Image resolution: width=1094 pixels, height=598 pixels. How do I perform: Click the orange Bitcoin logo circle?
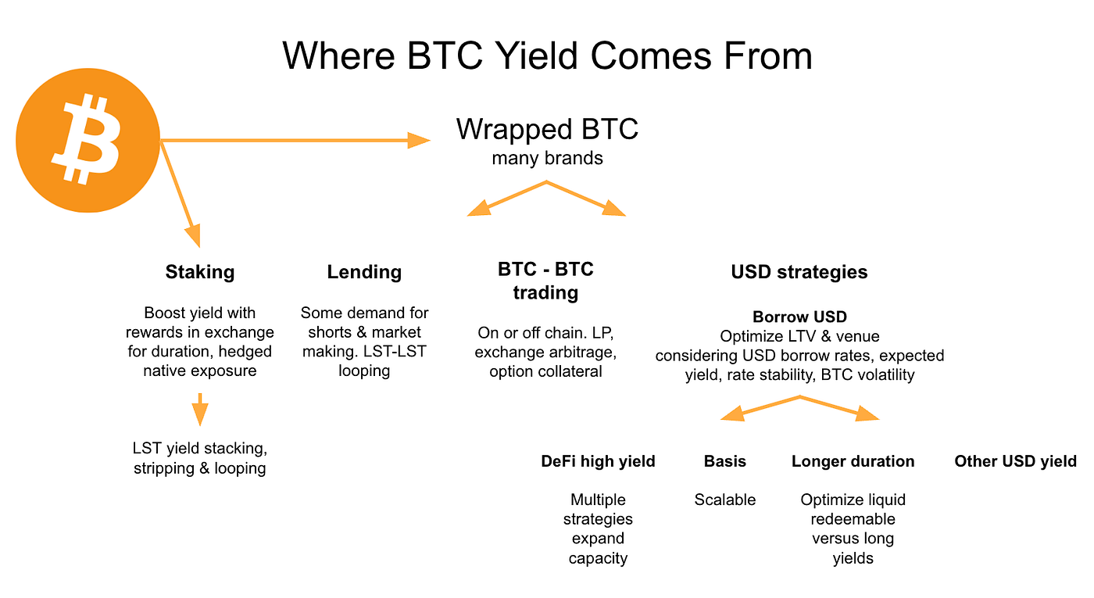point(88,140)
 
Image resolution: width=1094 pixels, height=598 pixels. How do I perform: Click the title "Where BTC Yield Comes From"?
point(547,56)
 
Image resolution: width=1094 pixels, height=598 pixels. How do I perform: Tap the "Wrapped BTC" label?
point(547,129)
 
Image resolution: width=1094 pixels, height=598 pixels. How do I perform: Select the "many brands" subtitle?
point(547,158)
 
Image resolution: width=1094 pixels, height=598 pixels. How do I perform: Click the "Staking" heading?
point(200,272)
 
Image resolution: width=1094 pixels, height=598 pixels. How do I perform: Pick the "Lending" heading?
point(364,272)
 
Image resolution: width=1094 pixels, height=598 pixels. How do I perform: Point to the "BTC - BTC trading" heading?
point(545,281)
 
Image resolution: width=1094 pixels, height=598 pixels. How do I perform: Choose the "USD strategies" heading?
point(799,272)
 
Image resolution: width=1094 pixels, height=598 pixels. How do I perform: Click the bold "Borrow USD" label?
point(799,317)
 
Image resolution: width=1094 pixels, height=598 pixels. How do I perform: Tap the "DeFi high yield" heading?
point(598,461)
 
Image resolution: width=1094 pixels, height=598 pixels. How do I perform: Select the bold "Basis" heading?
point(725,461)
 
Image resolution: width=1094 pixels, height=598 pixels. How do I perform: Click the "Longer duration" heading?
point(853,461)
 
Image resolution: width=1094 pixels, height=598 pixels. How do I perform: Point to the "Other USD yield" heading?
point(1015,461)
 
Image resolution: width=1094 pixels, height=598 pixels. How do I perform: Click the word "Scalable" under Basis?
point(725,500)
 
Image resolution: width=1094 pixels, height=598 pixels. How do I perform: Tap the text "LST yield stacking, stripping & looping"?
point(200,458)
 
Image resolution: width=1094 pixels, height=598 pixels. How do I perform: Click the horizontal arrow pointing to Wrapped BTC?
point(295,141)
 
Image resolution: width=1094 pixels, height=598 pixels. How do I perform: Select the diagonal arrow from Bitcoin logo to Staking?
point(181,194)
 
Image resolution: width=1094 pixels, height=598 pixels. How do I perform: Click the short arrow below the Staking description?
point(200,410)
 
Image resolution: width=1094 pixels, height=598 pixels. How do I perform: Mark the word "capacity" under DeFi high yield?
point(598,558)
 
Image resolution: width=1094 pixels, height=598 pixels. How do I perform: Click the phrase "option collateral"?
point(545,372)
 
